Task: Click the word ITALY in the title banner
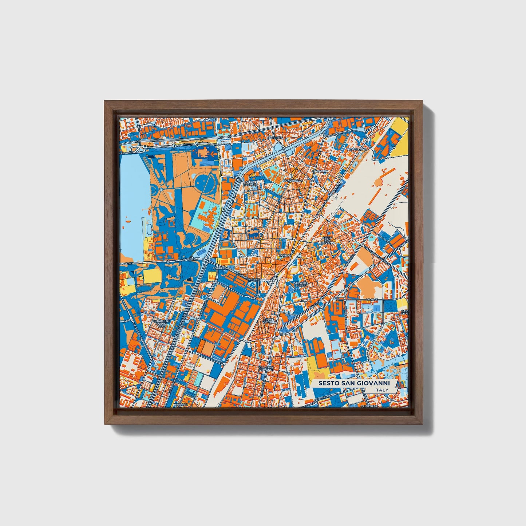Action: point(381,390)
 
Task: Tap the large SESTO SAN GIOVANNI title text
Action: point(354,383)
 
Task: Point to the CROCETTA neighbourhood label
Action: point(274,138)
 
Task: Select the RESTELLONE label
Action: point(356,149)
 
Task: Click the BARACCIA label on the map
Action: point(320,171)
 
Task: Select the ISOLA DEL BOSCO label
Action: point(301,284)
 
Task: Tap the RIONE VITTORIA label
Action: point(270,321)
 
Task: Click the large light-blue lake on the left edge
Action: point(133,204)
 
